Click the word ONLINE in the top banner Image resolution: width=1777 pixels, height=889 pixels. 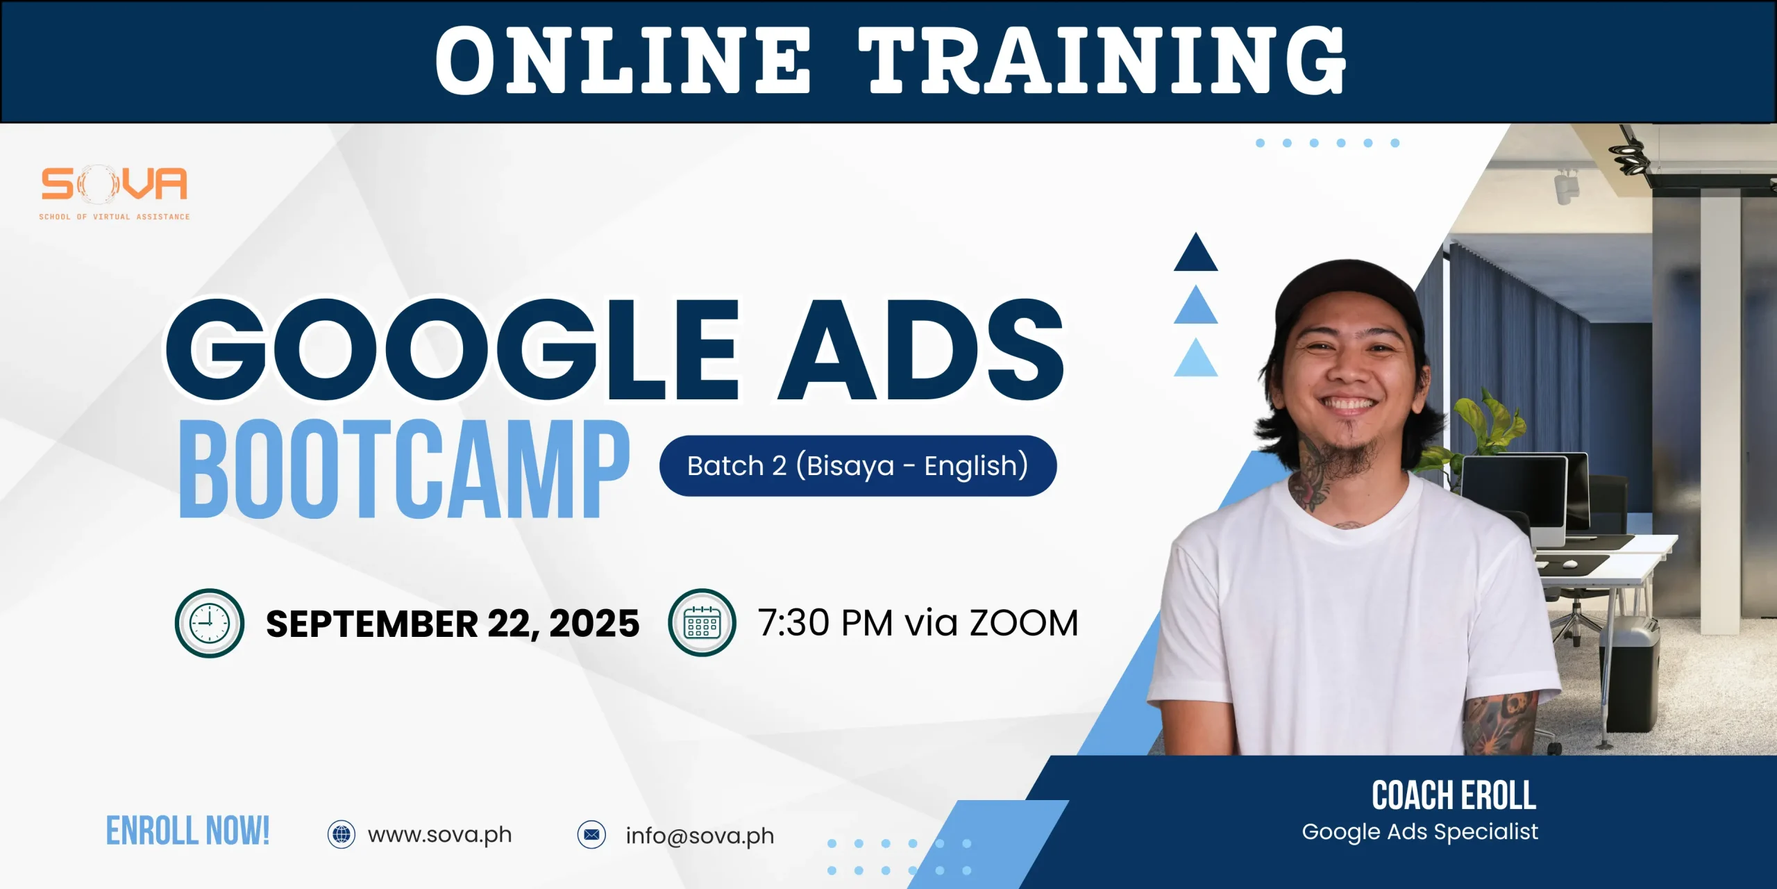623,60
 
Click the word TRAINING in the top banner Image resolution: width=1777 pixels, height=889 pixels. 1102,60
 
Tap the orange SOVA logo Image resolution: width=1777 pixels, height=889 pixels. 115,192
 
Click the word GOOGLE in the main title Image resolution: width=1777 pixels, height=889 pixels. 452,349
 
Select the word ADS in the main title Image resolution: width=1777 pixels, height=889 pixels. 921,349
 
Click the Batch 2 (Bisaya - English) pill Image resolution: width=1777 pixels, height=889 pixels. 858,465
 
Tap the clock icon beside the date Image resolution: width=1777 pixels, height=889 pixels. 210,623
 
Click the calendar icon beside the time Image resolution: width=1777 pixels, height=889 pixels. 702,622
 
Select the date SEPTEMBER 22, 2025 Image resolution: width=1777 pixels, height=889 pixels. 453,624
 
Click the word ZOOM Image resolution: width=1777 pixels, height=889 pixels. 1024,623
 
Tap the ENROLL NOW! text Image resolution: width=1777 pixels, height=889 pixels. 187,831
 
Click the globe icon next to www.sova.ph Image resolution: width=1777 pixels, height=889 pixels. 342,834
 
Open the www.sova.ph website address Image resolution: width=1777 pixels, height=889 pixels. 440,835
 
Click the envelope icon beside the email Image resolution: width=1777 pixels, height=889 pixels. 592,834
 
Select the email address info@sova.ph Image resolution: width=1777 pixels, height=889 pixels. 700,836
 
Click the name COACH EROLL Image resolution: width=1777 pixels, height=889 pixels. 1454,795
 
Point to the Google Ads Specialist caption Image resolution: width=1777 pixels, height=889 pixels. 1420,832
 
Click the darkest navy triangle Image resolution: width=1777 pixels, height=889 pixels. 1195,254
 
